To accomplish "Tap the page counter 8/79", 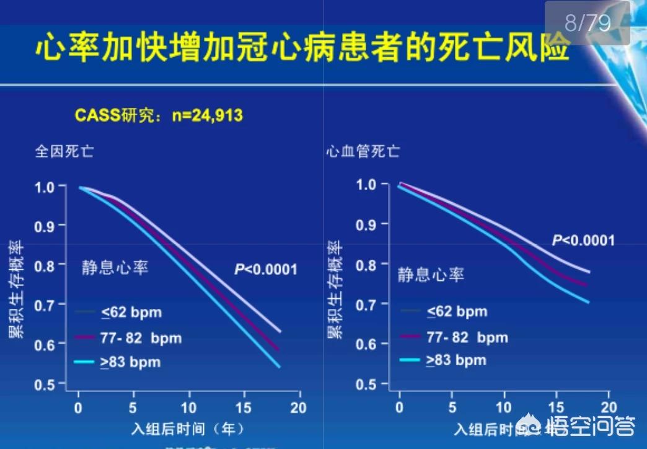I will point(588,23).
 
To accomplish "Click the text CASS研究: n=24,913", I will point(159,115).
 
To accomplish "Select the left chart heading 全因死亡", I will point(64,151).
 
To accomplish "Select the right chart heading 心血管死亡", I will point(363,151).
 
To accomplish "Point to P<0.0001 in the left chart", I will point(265,269).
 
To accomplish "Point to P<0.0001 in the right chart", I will point(583,240).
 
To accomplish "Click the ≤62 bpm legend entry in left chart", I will point(131,312).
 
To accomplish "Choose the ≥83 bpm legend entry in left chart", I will point(131,362).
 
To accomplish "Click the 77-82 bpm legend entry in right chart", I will point(467,337).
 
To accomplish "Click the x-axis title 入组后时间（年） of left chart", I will point(187,429).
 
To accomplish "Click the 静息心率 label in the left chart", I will point(115,268).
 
